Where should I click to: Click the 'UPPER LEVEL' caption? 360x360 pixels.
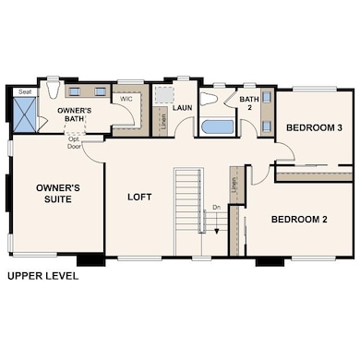[x=42, y=275]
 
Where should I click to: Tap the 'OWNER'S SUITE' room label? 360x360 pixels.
[x=58, y=195]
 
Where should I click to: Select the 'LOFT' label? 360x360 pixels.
[x=140, y=197]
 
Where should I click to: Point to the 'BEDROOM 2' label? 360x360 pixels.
[x=299, y=220]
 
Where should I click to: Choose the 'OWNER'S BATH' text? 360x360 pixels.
[x=75, y=114]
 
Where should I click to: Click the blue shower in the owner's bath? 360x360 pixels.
[x=25, y=117]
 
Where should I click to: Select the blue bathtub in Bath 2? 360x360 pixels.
[x=222, y=126]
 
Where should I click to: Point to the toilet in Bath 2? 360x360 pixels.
[x=210, y=98]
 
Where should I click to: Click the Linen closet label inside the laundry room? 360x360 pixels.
[x=162, y=119]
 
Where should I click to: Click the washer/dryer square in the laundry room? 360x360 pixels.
[x=164, y=94]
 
